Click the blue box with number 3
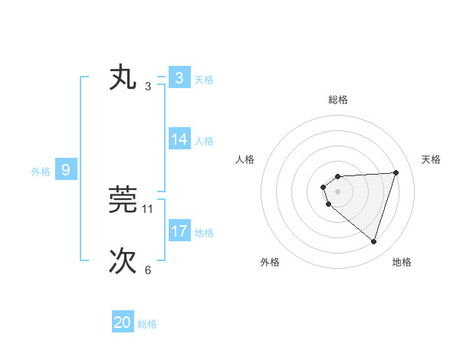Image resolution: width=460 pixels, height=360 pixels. coord(179,78)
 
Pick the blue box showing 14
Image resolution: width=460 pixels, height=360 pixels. coord(179,139)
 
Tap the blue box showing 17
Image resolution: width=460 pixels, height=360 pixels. coord(179,231)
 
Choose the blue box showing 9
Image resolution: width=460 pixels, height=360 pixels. coord(66,170)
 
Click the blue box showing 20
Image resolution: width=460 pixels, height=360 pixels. coord(123,322)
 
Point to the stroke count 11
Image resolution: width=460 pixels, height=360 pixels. coord(148,208)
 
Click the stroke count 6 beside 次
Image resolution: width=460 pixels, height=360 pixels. coord(148,270)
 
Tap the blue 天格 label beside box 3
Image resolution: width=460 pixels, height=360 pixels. coord(204,79)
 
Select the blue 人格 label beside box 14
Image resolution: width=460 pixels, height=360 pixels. coord(204,140)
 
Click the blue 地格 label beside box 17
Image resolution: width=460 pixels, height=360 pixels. coord(204,231)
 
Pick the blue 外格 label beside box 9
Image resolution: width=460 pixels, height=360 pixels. coord(41,171)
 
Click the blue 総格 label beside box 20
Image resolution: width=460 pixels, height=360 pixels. coord(147,323)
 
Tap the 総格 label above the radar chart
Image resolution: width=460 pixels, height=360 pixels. coord(338,100)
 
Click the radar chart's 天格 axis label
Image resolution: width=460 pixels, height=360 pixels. coord(431,159)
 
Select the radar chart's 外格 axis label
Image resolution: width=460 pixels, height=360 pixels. coord(270,262)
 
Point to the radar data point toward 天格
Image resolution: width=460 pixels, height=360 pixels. coord(396,172)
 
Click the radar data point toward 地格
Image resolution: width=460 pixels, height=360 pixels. coord(373,241)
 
